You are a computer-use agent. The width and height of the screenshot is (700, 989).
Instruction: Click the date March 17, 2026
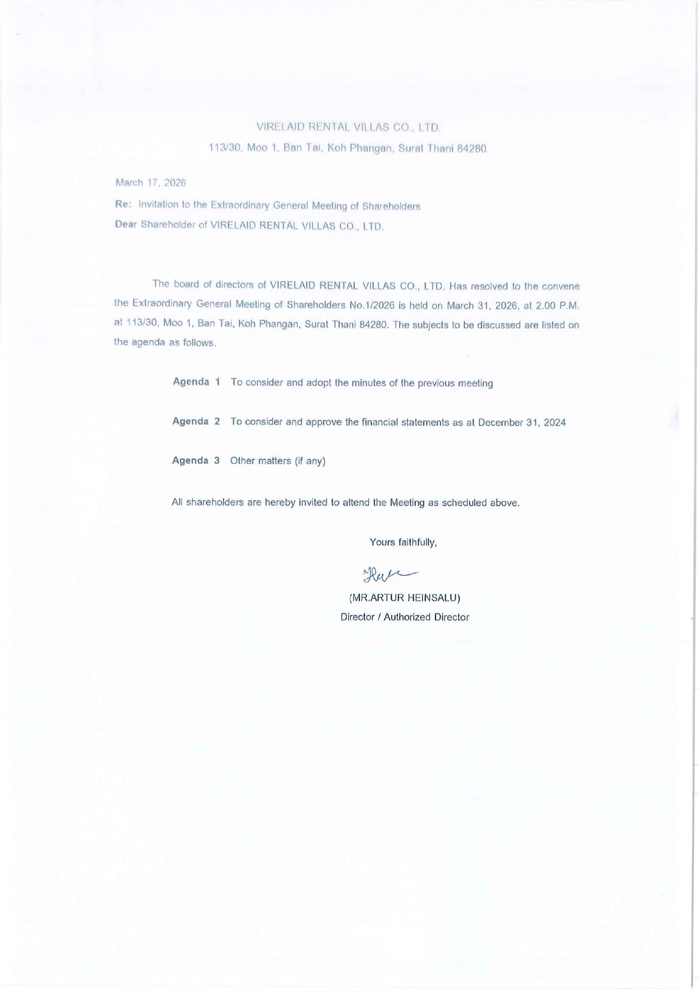pos(151,183)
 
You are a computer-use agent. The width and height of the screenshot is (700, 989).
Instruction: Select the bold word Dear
pos(126,224)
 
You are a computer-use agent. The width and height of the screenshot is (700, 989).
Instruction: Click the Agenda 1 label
pos(196,382)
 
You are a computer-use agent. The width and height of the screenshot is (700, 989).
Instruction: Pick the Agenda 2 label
pos(196,421)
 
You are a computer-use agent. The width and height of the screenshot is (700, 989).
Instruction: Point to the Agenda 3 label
pos(196,460)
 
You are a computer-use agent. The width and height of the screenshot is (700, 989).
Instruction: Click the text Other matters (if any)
pos(278,461)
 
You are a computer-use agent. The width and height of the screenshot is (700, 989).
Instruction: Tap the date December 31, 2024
pos(522,423)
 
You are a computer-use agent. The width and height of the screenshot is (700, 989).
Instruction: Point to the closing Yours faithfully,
pos(403,542)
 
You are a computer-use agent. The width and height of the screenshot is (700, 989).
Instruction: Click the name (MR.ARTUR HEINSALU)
pos(404,597)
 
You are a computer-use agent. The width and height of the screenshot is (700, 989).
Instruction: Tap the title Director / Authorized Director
pos(404,617)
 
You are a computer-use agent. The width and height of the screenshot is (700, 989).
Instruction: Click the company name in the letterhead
pos(348,127)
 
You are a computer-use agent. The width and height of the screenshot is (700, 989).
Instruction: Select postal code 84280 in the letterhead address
pos(472,149)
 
